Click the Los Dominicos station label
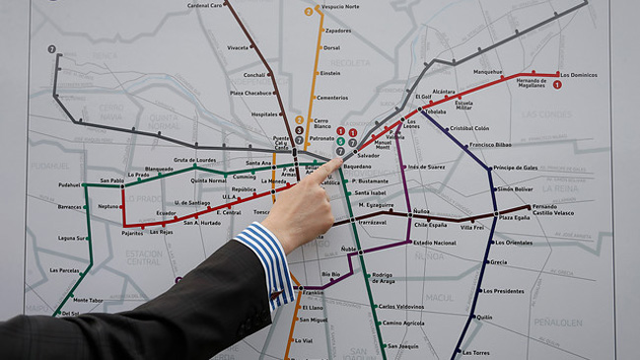coord(579,75)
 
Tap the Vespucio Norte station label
coord(339,7)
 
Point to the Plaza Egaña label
coord(514,217)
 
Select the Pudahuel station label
coord(69,184)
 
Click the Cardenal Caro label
coord(204,5)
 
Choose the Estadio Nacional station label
coord(435,242)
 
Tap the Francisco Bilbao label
coord(490,145)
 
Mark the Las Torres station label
coord(476,352)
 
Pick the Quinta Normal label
coord(208,180)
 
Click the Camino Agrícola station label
coord(403,323)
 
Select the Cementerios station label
coord(332,98)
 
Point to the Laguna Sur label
coord(71,238)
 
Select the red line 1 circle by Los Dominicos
coord(557,85)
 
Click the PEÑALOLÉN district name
coord(558,322)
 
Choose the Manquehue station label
coord(487,72)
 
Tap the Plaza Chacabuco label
coord(250,93)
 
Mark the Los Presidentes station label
coord(503,291)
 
